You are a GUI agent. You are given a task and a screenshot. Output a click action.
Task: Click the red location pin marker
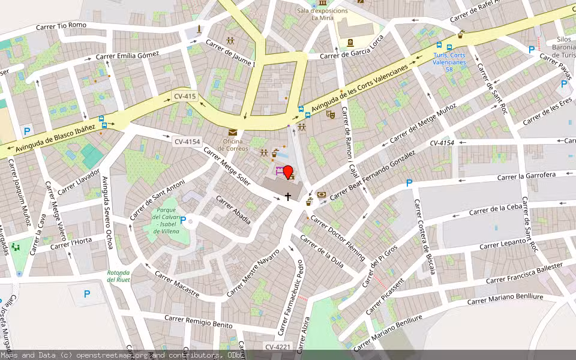(287, 172)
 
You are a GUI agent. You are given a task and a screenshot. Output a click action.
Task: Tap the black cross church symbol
(288, 196)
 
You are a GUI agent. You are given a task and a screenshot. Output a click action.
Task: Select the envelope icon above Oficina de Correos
(232, 133)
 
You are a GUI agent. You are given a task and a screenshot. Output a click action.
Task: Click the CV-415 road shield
(185, 96)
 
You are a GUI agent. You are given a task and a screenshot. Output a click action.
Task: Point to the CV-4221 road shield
(277, 347)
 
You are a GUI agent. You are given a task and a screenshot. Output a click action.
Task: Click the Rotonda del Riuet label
(118, 276)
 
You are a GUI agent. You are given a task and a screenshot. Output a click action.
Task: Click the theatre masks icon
(330, 114)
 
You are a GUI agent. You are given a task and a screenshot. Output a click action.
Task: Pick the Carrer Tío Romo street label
(61, 26)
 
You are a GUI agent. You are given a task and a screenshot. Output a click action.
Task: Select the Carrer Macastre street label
(176, 283)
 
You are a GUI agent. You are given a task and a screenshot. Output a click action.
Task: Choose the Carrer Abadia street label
(232, 210)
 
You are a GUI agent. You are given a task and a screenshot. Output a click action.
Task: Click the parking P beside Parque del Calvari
(183, 220)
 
